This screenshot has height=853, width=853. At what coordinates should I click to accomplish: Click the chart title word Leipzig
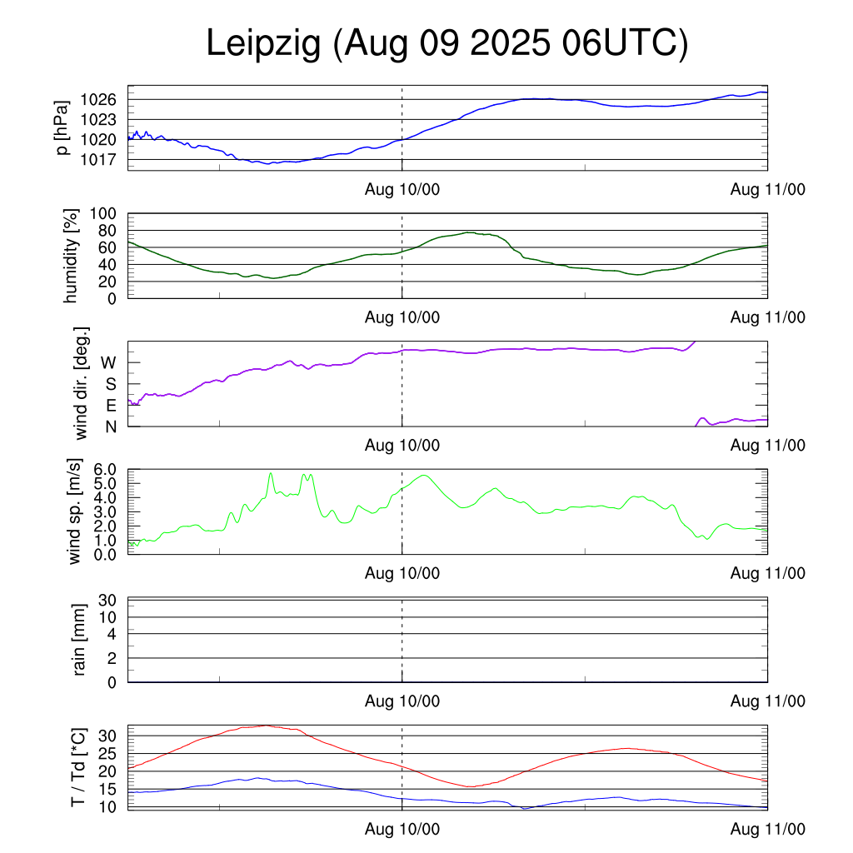coord(264,44)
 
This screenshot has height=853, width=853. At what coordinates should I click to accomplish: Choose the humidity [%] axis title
coord(71,256)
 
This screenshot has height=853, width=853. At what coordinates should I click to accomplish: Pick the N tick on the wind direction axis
coord(110,426)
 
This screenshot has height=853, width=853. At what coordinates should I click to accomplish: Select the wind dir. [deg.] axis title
coord(82,384)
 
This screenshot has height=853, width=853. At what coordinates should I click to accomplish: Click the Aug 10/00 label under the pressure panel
coord(402,190)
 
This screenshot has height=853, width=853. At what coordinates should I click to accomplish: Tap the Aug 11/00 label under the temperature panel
coord(768,830)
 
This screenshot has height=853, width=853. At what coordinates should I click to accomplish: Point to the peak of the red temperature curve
coord(265,726)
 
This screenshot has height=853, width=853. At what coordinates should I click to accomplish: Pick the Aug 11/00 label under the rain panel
coord(768,701)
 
